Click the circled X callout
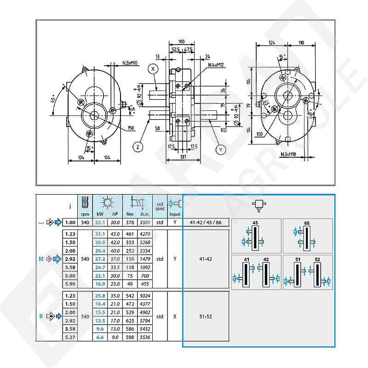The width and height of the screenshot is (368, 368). [154, 69]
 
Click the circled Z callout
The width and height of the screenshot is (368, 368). [138, 147]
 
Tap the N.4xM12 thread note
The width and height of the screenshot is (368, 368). [216, 65]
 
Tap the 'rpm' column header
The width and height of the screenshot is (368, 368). [85, 214]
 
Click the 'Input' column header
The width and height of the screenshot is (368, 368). [175, 214]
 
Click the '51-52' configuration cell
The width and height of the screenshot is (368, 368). [205, 316]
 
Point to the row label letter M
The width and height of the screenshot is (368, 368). [42, 259]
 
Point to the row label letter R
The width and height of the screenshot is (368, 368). [42, 316]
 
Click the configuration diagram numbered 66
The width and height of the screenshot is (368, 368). [307, 236]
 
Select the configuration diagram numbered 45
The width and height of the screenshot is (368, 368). [256, 236]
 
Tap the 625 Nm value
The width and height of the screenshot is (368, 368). [130, 320]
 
